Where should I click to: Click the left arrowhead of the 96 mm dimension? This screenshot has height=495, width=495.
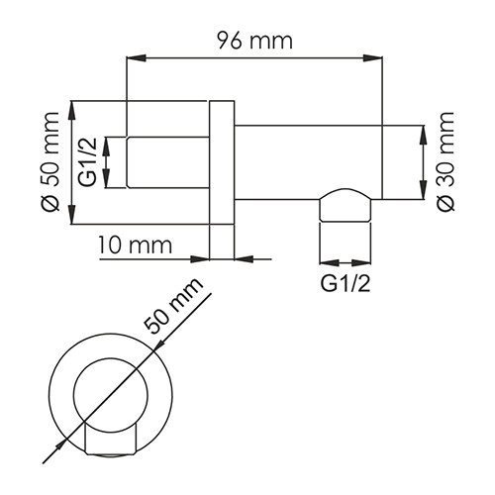(130, 59)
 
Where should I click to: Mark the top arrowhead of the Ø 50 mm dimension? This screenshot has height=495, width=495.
(71, 105)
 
